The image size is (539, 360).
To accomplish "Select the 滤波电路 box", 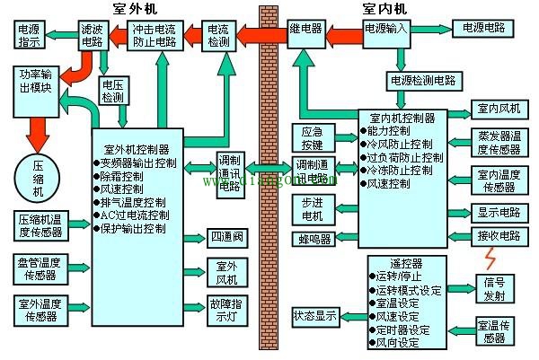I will point(91,35).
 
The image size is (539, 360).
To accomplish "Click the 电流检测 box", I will point(219,35).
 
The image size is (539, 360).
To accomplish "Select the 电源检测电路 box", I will point(422,79).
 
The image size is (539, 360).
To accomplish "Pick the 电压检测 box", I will point(112,91).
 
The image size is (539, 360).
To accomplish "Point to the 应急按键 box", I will point(312,137).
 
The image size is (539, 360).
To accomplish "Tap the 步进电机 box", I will point(312,208).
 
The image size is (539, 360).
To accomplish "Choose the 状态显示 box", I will point(315,316).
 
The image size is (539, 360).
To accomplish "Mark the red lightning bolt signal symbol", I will point(490,259).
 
